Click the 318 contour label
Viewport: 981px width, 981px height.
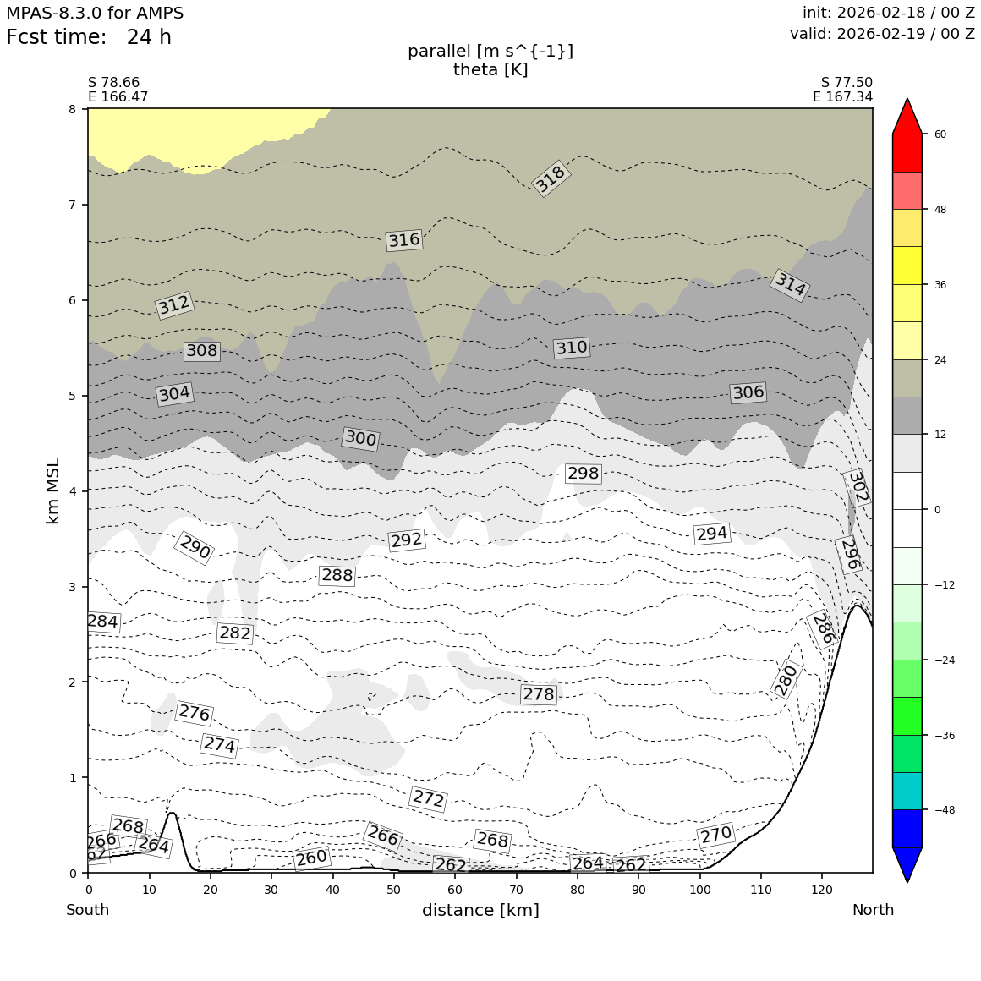tap(551, 178)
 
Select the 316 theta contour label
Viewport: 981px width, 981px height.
tap(403, 240)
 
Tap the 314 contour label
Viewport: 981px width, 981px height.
tap(790, 285)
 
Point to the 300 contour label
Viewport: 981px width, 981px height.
tap(360, 438)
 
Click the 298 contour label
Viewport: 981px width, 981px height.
tap(583, 474)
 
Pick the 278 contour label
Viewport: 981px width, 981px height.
tap(538, 694)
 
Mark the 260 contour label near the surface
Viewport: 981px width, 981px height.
tap(311, 858)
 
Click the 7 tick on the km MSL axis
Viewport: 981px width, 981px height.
tap(72, 205)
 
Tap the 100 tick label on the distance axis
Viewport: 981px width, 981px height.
tap(699, 890)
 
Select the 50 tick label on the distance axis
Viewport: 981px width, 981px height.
tap(393, 890)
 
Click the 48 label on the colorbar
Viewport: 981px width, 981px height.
tap(940, 210)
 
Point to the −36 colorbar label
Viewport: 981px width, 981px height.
tap(943, 735)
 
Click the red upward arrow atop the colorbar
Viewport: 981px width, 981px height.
tap(907, 117)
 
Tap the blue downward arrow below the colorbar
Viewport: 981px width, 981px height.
tap(907, 864)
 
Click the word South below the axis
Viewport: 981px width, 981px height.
tap(88, 910)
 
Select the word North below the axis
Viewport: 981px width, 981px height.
tap(873, 910)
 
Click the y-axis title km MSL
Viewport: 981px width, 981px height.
tap(53, 490)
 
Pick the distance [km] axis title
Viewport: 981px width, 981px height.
tap(480, 910)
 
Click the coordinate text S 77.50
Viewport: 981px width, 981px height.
tap(847, 83)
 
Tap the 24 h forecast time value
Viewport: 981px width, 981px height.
tap(149, 38)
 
